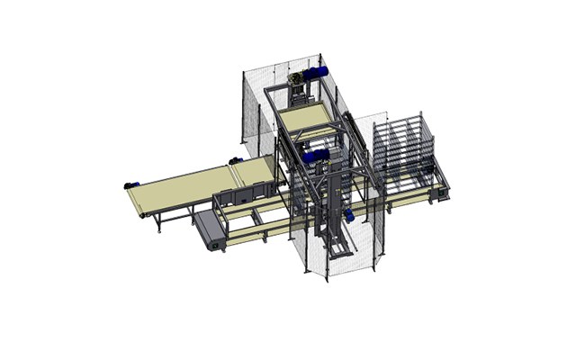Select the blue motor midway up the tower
tap(314, 157)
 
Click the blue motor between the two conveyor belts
tap(237, 161)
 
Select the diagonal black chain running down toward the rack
tap(360, 135)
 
